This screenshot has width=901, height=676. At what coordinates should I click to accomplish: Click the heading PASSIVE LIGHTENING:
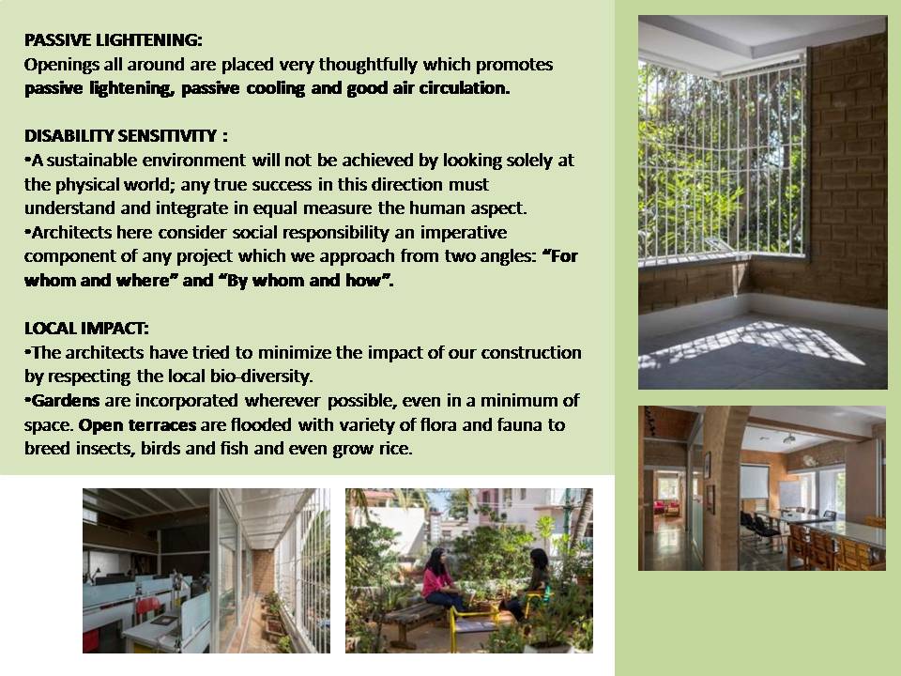114,39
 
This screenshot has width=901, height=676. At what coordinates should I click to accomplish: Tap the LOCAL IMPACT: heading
86,329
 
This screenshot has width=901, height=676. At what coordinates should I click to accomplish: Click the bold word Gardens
66,400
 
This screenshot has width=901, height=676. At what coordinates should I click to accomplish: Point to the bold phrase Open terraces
137,424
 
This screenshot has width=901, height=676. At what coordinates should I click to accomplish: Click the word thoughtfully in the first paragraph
368,65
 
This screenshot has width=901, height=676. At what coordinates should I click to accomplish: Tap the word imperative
463,232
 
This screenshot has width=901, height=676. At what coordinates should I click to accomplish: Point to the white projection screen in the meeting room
754,482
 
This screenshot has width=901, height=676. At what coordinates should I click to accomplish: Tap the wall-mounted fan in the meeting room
809,461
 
